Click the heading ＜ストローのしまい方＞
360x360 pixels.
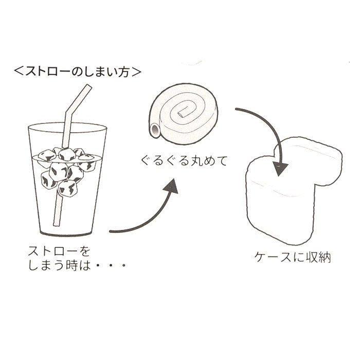tap(77, 71)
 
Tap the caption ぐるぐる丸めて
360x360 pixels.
tap(184, 160)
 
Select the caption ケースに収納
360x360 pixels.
tap(292, 257)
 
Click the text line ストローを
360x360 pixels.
tap(59, 251)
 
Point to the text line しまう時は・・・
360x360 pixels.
tap(77, 265)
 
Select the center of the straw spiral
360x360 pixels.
tap(183, 114)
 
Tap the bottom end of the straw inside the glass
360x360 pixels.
tap(57, 225)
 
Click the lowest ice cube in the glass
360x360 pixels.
tap(68, 188)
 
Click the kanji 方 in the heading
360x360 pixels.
tap(123, 71)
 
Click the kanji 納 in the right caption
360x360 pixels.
tap(325, 257)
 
